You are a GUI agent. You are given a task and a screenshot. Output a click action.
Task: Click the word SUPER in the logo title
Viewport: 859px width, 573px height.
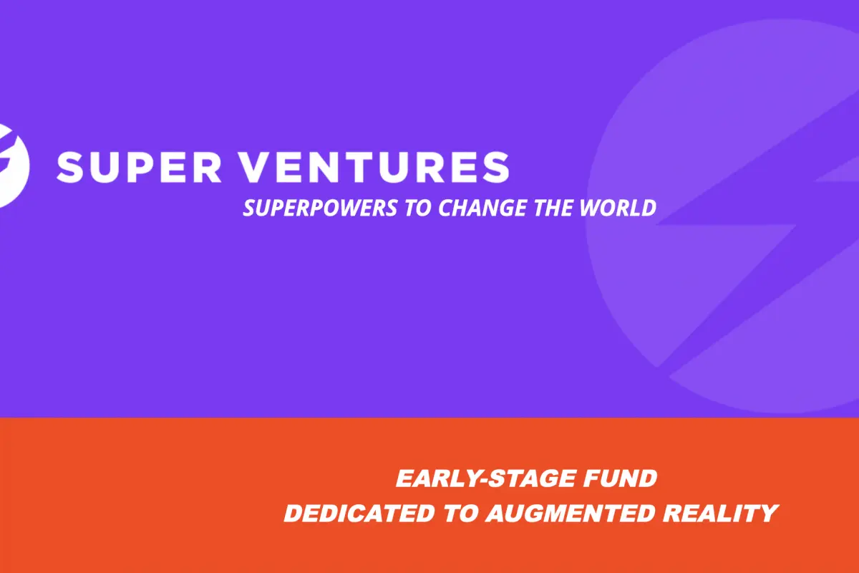139,167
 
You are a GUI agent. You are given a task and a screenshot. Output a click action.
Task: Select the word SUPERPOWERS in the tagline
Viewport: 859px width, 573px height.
320,208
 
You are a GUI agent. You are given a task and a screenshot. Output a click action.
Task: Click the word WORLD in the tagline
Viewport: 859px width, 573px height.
618,208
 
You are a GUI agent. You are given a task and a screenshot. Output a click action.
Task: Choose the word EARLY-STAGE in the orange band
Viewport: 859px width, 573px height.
486,478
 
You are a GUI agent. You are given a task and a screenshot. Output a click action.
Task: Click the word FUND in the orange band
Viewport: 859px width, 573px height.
621,478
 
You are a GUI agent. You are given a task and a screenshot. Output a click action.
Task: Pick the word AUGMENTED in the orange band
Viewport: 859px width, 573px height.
570,513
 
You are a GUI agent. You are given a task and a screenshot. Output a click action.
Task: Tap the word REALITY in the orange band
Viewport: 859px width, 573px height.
721,513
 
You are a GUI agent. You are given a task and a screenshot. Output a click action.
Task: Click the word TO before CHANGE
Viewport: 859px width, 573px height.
418,208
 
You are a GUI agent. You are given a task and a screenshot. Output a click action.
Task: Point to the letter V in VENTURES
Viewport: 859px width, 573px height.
256,167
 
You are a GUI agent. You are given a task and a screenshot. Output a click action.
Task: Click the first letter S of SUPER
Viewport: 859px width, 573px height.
69,167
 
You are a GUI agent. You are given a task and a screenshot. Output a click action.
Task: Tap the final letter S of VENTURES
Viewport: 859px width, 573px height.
497,167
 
